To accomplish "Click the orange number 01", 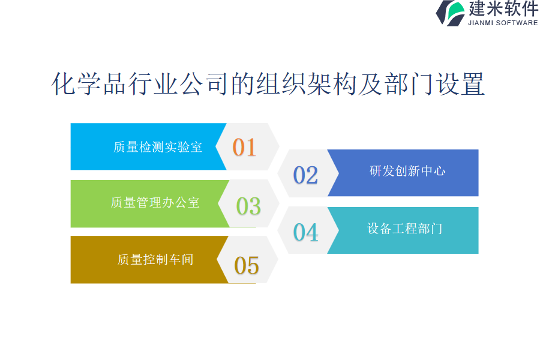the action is click(x=244, y=148).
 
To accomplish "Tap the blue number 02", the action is click(x=305, y=175).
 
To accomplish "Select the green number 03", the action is click(x=248, y=206).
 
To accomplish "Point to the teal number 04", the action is click(x=305, y=232).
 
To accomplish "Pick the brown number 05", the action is click(x=246, y=266).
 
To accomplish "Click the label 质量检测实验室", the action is click(x=158, y=147).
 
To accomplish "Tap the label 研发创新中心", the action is click(x=407, y=171).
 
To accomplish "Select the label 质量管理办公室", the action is click(x=155, y=203).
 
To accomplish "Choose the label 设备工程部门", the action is click(x=404, y=229).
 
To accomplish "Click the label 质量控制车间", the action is click(x=155, y=259).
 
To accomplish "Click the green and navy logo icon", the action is click(x=451, y=13).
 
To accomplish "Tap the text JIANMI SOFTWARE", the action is click(x=503, y=23).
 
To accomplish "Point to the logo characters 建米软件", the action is click(x=503, y=8).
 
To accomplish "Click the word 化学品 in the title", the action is click(x=89, y=84).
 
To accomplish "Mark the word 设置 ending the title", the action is click(x=460, y=84).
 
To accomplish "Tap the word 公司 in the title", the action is click(x=203, y=84).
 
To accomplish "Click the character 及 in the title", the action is click(x=371, y=84).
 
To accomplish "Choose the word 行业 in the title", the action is click(x=153, y=84).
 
